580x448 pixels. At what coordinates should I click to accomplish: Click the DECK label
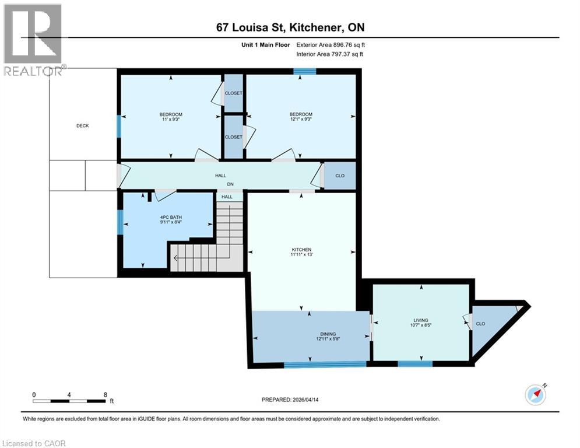click(x=82, y=125)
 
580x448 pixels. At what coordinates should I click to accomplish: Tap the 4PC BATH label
click(x=171, y=216)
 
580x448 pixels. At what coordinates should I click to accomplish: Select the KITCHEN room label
click(x=301, y=250)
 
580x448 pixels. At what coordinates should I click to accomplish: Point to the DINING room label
click(x=327, y=334)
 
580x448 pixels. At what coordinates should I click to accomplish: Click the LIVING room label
click(x=420, y=320)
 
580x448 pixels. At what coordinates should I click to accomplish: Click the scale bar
click(x=69, y=401)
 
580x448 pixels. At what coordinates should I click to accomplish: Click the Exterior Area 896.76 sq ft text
click(x=331, y=44)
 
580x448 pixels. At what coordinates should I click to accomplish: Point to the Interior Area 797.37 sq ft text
click(x=331, y=54)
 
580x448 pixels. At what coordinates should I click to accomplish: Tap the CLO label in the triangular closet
click(x=480, y=324)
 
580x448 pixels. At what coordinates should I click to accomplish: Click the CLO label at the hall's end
click(x=339, y=175)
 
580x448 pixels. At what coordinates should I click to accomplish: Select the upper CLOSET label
click(x=233, y=93)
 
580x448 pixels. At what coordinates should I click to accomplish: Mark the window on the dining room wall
click(x=325, y=365)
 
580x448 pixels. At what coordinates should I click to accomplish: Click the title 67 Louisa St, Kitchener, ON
click(x=290, y=27)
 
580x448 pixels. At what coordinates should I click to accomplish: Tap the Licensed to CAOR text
click(x=34, y=443)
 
